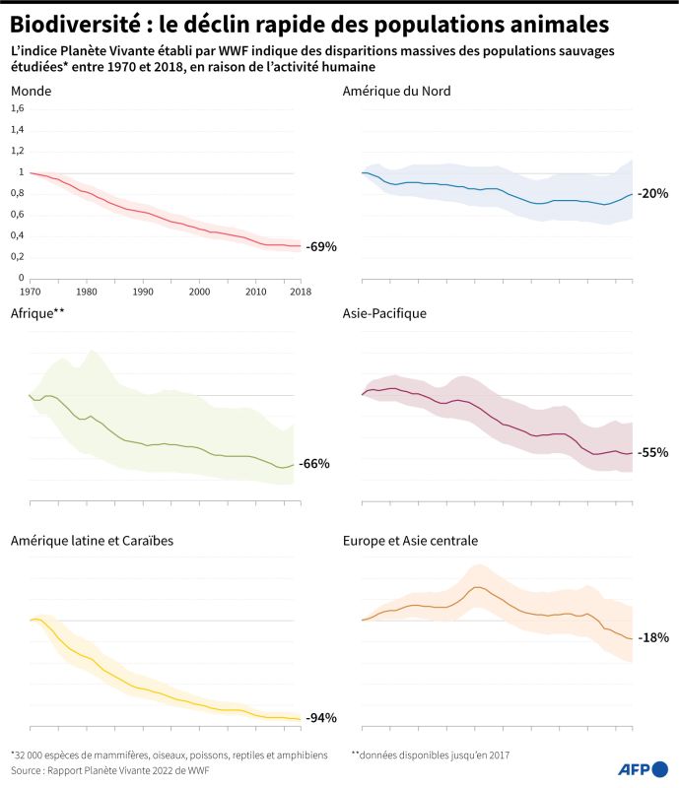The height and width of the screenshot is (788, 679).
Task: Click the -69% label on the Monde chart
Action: pos(321,246)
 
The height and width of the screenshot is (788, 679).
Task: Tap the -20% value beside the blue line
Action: pos(652,193)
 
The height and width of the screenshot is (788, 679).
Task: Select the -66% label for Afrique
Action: pos(314,463)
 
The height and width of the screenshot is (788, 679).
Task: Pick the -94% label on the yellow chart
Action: pos(321,717)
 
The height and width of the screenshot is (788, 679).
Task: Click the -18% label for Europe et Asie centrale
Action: pos(652,637)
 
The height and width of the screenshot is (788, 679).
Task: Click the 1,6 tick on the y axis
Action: pos(17,109)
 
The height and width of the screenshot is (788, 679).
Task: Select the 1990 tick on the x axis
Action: pos(143,292)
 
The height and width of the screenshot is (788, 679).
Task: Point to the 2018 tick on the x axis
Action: pos(301,292)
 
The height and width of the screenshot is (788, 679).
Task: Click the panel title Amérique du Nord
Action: pos(396,91)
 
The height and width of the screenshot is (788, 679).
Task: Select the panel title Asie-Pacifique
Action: pos(384,314)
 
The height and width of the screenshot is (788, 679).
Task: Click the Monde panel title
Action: pos(31,91)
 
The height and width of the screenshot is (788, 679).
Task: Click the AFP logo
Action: pos(639,768)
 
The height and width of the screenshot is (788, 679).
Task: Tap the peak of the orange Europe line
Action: pos(477,587)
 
